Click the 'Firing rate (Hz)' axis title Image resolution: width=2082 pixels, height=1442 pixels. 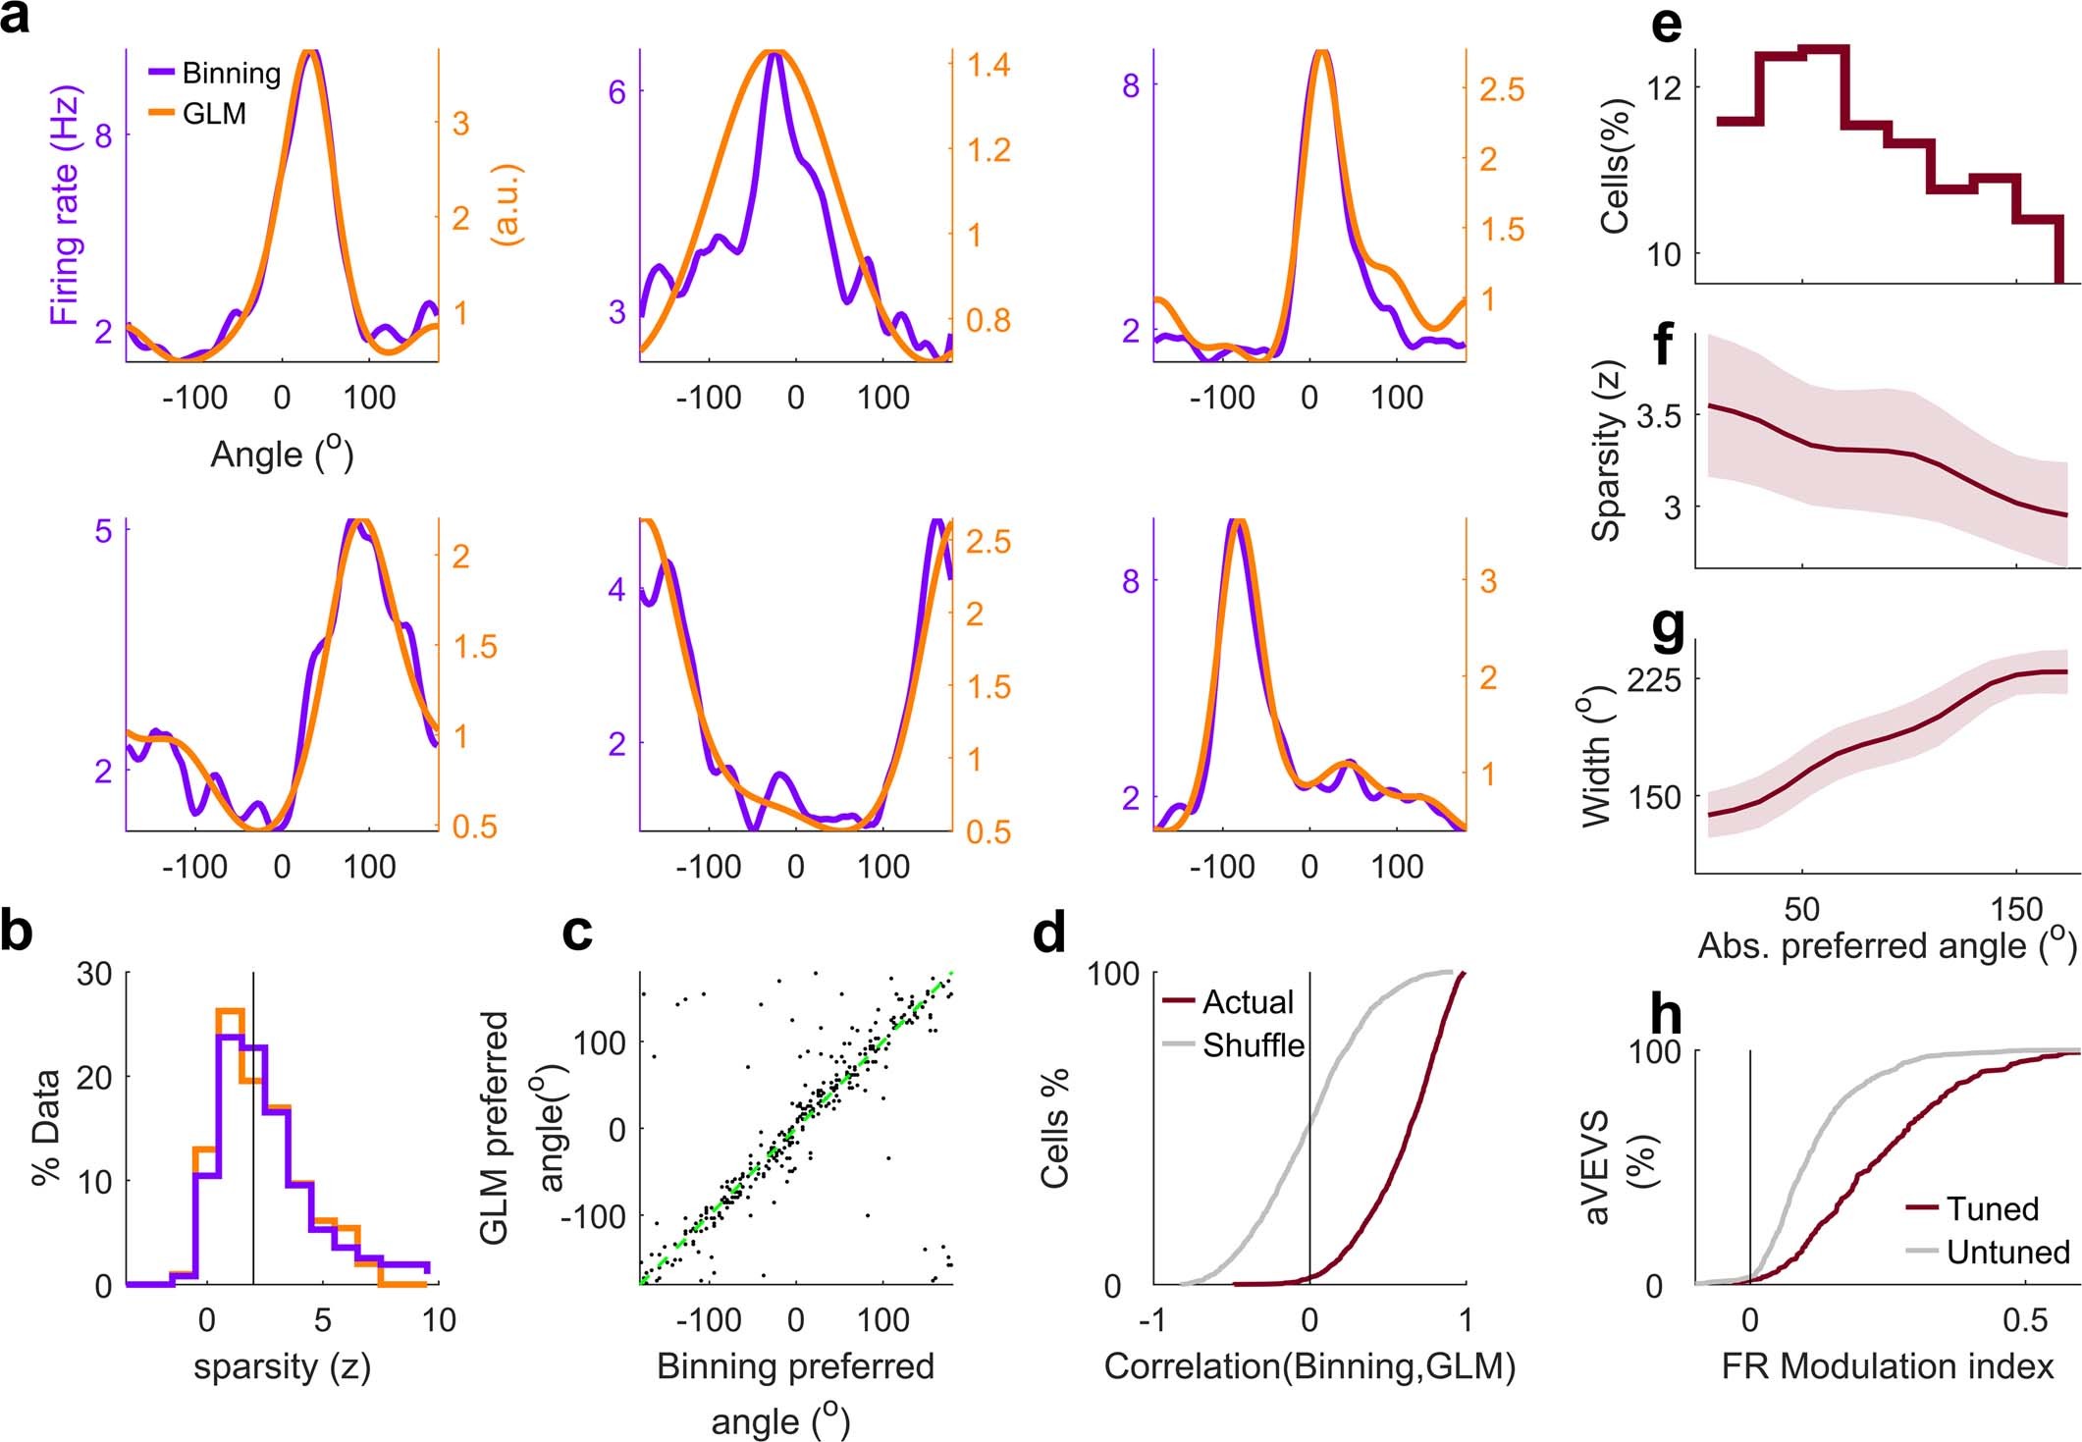coord(66,205)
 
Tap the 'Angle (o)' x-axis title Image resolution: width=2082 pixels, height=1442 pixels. coord(282,454)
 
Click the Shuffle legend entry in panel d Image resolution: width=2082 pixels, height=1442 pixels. coord(1254,1045)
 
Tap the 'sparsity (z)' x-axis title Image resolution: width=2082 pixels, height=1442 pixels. coord(282,1366)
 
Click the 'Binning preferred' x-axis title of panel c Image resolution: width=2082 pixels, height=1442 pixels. coord(795,1366)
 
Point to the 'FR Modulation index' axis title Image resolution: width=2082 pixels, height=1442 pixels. coord(1887,1366)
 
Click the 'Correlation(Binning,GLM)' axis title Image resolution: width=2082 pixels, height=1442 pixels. coord(1309,1366)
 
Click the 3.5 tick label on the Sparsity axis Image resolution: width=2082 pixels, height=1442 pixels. coord(1658,416)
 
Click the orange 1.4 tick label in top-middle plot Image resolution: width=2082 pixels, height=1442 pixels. coord(988,66)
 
